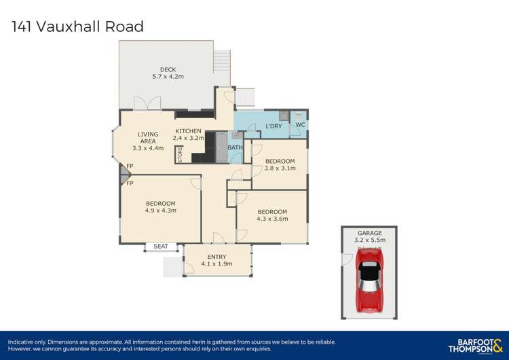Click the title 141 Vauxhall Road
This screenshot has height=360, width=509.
click(78, 27)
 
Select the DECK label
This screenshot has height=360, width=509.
click(168, 69)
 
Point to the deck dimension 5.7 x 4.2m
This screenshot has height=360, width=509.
click(168, 77)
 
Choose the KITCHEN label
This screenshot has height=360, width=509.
click(188, 130)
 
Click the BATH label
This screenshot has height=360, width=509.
click(234, 147)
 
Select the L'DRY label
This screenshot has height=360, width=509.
click(274, 126)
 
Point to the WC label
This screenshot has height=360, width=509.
click(301, 125)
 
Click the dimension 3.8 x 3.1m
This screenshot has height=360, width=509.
click(280, 168)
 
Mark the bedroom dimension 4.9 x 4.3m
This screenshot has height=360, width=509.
click(160, 211)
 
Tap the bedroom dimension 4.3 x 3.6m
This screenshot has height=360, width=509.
click(272, 219)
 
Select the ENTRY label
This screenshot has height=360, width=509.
click(216, 256)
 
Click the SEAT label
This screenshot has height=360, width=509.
click(160, 246)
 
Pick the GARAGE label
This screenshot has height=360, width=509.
click(370, 233)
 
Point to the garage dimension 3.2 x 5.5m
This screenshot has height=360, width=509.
click(370, 240)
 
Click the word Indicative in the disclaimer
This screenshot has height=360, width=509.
click(22, 342)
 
